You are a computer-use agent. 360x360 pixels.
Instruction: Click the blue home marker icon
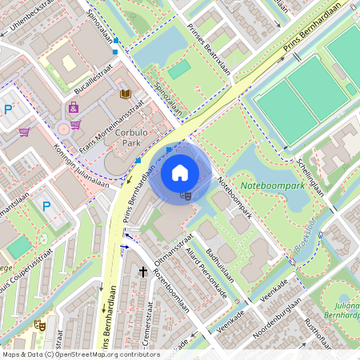(x=180, y=173)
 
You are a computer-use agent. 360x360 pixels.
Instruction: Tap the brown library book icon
(x=125, y=94)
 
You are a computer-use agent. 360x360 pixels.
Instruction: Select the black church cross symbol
(x=143, y=273)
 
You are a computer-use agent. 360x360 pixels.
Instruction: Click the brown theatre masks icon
(x=38, y=325)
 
